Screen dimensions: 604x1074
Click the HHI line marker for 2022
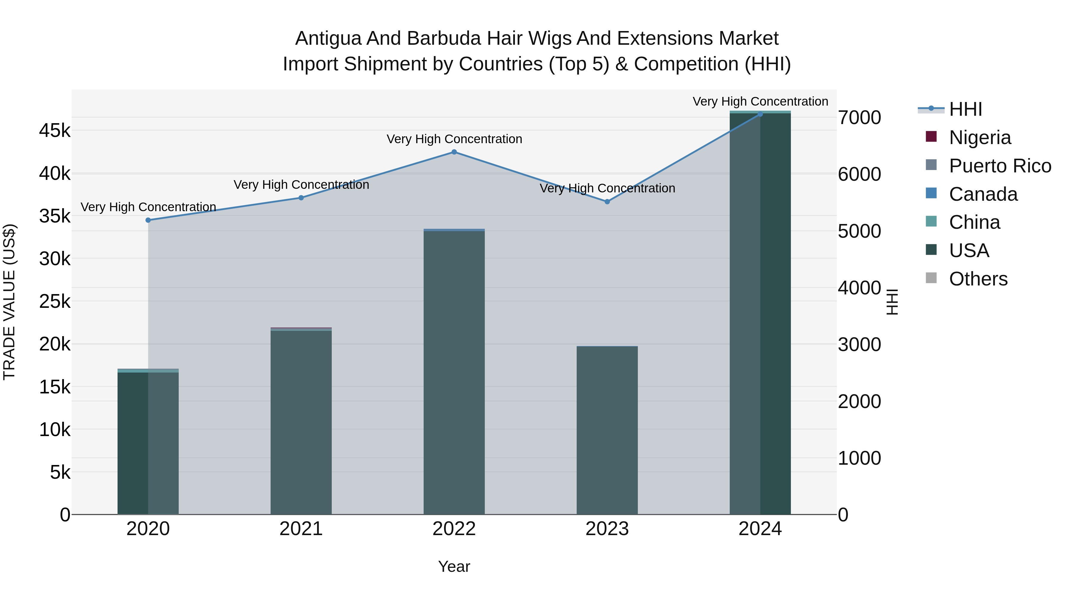pos(454,152)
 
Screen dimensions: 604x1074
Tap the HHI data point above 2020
pos(148,220)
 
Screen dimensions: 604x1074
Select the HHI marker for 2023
pos(607,202)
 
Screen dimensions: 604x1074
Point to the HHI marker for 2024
pos(760,114)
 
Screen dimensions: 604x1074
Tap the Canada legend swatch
pos(931,193)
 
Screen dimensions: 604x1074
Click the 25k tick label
pos(55,301)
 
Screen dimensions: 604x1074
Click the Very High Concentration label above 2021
pos(301,185)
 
